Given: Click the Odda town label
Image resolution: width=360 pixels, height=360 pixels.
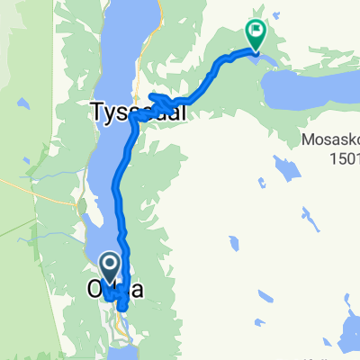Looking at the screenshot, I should (114, 290).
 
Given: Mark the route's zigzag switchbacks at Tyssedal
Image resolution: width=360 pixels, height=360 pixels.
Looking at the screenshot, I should (162, 100).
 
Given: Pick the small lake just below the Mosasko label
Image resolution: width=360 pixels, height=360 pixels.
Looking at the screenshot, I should (286, 167).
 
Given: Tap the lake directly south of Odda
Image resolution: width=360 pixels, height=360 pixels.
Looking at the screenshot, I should (124, 353).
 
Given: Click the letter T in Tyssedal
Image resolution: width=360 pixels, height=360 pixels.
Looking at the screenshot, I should (96, 112).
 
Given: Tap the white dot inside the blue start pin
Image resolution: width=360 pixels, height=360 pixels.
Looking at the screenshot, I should (110, 264).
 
